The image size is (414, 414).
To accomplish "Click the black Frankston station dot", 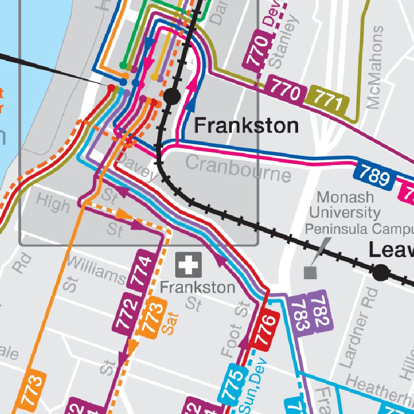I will click(x=172, y=97).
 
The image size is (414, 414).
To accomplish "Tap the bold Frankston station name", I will click(x=246, y=126).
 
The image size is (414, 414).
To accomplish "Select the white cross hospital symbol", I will click(x=188, y=265).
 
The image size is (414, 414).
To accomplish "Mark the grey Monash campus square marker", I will click(x=310, y=272).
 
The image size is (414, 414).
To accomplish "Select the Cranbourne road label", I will click(x=238, y=168).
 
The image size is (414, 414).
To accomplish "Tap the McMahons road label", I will click(x=375, y=68).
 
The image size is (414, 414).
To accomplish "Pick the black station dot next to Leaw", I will click(x=381, y=273).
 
